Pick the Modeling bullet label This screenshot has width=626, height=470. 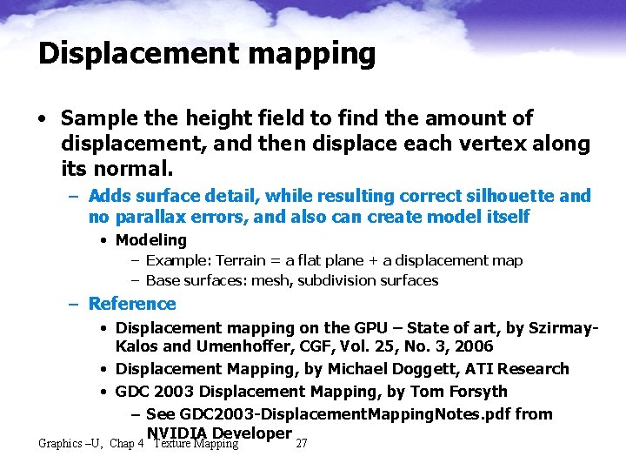point(151,240)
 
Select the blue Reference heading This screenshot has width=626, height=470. point(132,304)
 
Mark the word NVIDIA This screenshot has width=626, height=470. point(176,433)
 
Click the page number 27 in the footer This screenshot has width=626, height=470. point(302,444)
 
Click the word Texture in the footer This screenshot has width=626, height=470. point(172,444)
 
